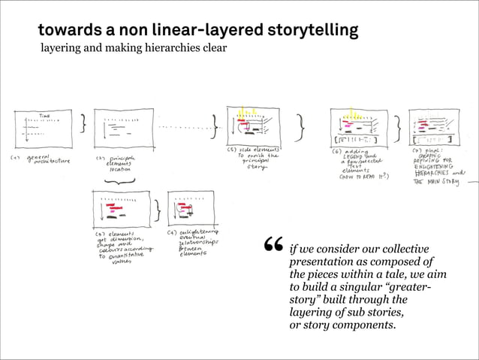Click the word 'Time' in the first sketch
[45, 116]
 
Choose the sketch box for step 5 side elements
[252, 126]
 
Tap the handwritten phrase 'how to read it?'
[364, 178]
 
